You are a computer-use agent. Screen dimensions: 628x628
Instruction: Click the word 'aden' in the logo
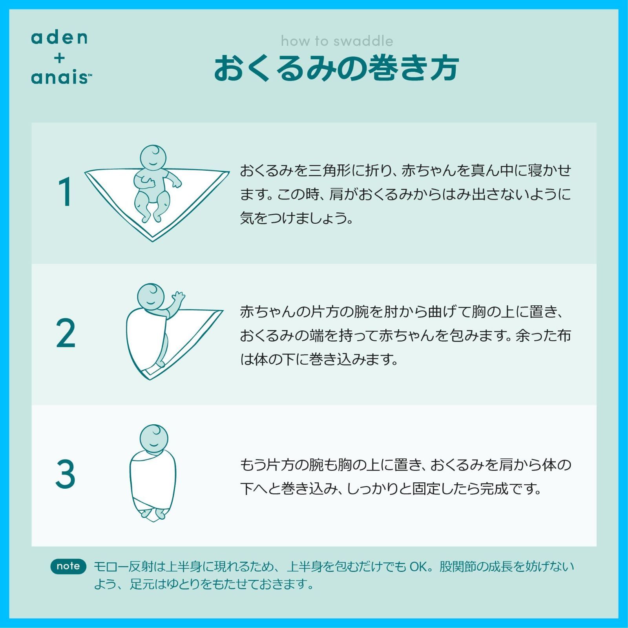coord(59,38)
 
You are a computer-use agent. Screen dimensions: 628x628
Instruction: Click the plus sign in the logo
coord(59,58)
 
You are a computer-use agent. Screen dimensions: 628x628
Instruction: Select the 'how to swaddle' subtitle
coord(337,41)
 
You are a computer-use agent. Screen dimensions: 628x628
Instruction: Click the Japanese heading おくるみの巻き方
coord(336,68)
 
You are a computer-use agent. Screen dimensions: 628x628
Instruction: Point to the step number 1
coord(65,192)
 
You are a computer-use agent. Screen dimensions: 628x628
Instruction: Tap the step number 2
coord(66,334)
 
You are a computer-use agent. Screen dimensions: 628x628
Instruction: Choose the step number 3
coord(65,475)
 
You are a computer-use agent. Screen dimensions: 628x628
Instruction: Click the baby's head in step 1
coord(153,158)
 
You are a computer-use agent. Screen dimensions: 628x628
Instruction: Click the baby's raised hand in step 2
coord(179,296)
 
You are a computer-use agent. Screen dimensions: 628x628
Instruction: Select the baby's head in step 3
coord(154,438)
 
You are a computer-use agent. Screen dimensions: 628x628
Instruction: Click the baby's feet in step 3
coord(154,513)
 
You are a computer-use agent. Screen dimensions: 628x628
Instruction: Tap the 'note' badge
coord(68,566)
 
